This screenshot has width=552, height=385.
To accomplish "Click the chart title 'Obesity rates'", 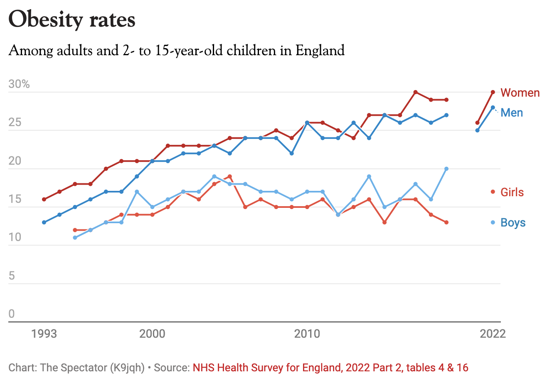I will pyautogui.click(x=72, y=20).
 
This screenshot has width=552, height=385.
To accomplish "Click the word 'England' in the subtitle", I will pyautogui.click(x=320, y=51).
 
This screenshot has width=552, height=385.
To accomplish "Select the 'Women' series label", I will pyautogui.click(x=520, y=93).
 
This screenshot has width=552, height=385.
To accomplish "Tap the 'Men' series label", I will pyautogui.click(x=512, y=113).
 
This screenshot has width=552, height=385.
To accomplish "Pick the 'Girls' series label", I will pyautogui.click(x=512, y=192).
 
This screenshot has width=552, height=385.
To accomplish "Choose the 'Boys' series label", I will pyautogui.click(x=513, y=223).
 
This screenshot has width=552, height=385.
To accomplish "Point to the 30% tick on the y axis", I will pyautogui.click(x=19, y=84).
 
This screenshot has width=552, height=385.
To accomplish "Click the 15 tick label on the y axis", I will pyautogui.click(x=15, y=199).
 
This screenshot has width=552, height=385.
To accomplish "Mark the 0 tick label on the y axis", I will pyautogui.click(x=12, y=314).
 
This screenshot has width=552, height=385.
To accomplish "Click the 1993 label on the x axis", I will pyautogui.click(x=44, y=334).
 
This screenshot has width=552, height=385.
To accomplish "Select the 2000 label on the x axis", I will pyautogui.click(x=152, y=334).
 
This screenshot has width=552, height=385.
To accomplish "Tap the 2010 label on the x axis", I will pyautogui.click(x=307, y=334).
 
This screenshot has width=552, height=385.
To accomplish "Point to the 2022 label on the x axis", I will pyautogui.click(x=493, y=334).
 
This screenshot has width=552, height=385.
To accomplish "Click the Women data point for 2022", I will pyautogui.click(x=493, y=92).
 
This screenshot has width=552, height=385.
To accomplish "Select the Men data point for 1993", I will pyautogui.click(x=44, y=222).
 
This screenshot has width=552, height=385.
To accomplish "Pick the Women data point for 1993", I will pyautogui.click(x=44, y=200).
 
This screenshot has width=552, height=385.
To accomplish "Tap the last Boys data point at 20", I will pyautogui.click(x=446, y=169).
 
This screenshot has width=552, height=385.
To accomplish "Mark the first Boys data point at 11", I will pyautogui.click(x=75, y=238).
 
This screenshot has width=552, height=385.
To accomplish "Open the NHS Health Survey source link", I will pyautogui.click(x=330, y=368).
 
